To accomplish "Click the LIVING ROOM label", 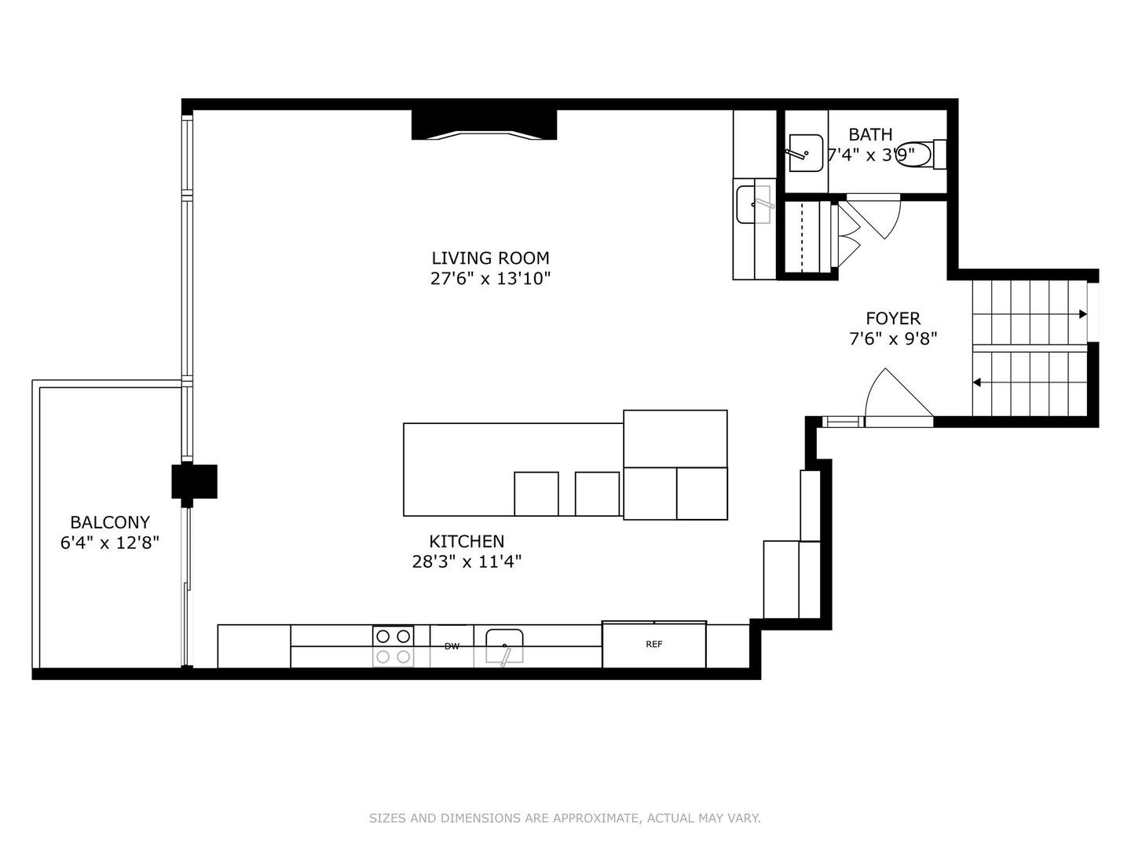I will (490, 258).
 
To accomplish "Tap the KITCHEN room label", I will (467, 541).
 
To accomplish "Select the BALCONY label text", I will (110, 522).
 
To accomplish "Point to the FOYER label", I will (893, 318).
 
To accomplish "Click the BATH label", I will (870, 134).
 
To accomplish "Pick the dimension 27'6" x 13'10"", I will (490, 278).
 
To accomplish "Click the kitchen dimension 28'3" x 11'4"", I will (467, 561).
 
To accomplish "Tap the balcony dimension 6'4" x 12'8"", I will (110, 543).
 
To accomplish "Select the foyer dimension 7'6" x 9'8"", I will (893, 338).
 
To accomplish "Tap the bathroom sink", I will (805, 152).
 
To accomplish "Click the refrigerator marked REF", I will (654, 645).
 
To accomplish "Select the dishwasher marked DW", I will (452, 646).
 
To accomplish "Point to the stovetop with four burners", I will (393, 645).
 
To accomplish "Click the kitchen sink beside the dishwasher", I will (504, 646).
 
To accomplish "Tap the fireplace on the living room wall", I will (484, 125).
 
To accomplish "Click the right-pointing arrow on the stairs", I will (1082, 314).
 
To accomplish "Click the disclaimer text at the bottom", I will (565, 818).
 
